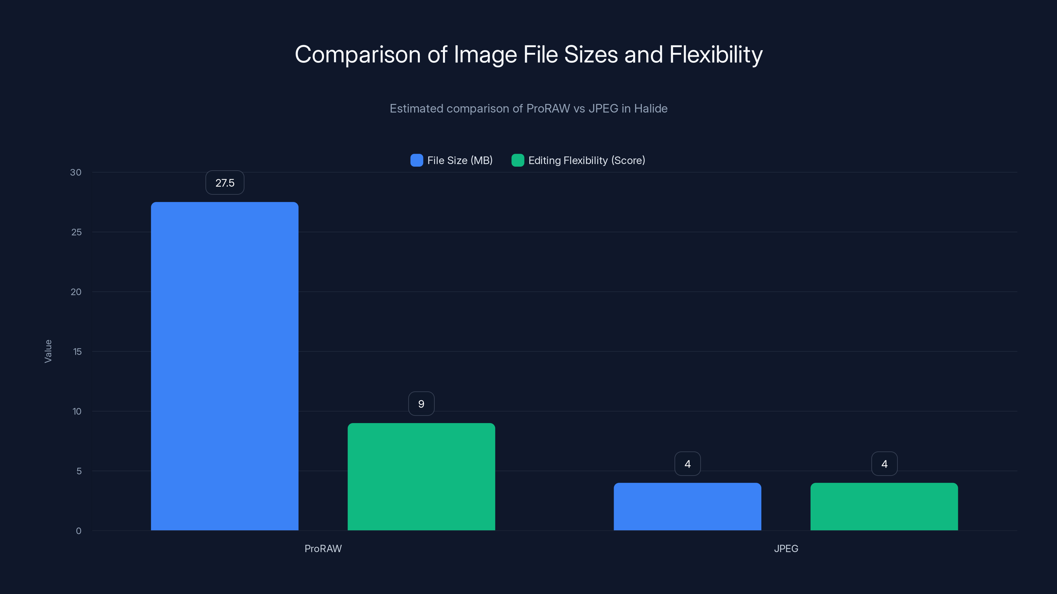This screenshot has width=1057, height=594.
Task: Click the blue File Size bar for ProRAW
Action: point(225,366)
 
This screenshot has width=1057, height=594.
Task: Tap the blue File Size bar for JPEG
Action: point(687,506)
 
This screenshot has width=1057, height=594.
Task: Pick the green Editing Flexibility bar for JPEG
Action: point(884,506)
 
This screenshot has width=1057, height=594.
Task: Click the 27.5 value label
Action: point(225,183)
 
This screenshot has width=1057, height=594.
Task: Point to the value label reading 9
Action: point(421,404)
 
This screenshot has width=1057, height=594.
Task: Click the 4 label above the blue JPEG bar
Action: point(687,464)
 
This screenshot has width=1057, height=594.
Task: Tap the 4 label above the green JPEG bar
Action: point(884,464)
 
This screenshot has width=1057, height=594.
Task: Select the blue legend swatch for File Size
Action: point(417,160)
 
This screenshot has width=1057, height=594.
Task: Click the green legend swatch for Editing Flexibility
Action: point(517,160)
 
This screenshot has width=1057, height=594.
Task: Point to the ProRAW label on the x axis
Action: point(323,548)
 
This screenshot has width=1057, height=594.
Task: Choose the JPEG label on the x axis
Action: point(786,548)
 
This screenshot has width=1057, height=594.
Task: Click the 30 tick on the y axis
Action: point(76,172)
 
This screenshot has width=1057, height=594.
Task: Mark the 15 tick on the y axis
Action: point(77,351)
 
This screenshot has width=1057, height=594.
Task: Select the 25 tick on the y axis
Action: point(76,232)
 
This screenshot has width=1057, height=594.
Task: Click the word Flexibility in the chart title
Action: point(715,54)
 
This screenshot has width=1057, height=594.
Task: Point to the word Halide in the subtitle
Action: point(650,109)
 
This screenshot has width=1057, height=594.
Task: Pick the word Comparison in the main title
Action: point(358,54)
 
